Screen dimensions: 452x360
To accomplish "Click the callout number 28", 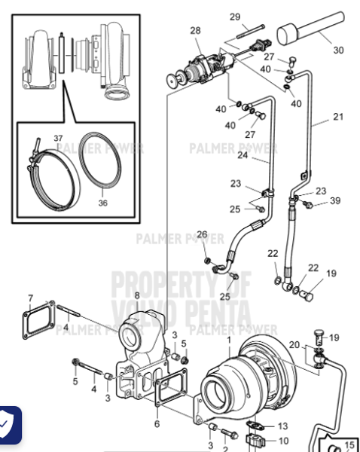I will (195, 31).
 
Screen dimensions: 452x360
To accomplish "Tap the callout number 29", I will (234, 17).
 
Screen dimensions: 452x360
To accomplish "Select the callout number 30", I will (338, 50).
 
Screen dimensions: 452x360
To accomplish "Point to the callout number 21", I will (337, 117).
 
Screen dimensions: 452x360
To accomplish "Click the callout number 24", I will (243, 156).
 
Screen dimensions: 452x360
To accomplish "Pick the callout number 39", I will (335, 200).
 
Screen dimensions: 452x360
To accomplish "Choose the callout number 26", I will (202, 234).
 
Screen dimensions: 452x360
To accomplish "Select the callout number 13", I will (283, 426).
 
